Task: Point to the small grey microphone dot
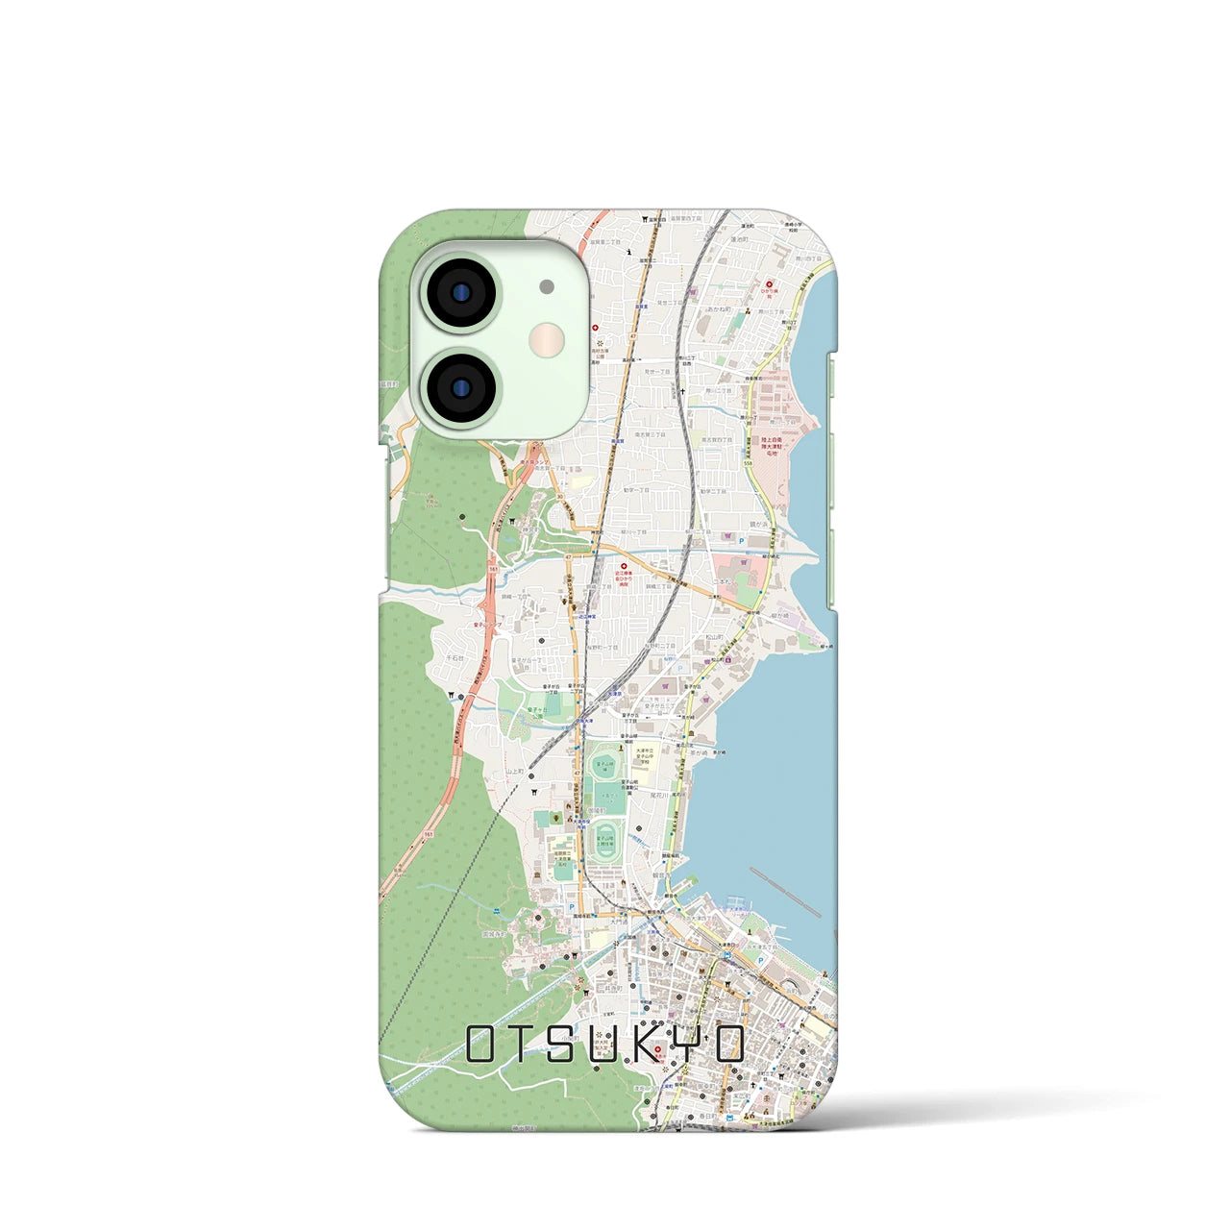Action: tap(547, 286)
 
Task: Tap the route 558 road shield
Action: tap(748, 464)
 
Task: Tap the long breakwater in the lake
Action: tap(785, 892)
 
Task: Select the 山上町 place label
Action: tap(515, 771)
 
